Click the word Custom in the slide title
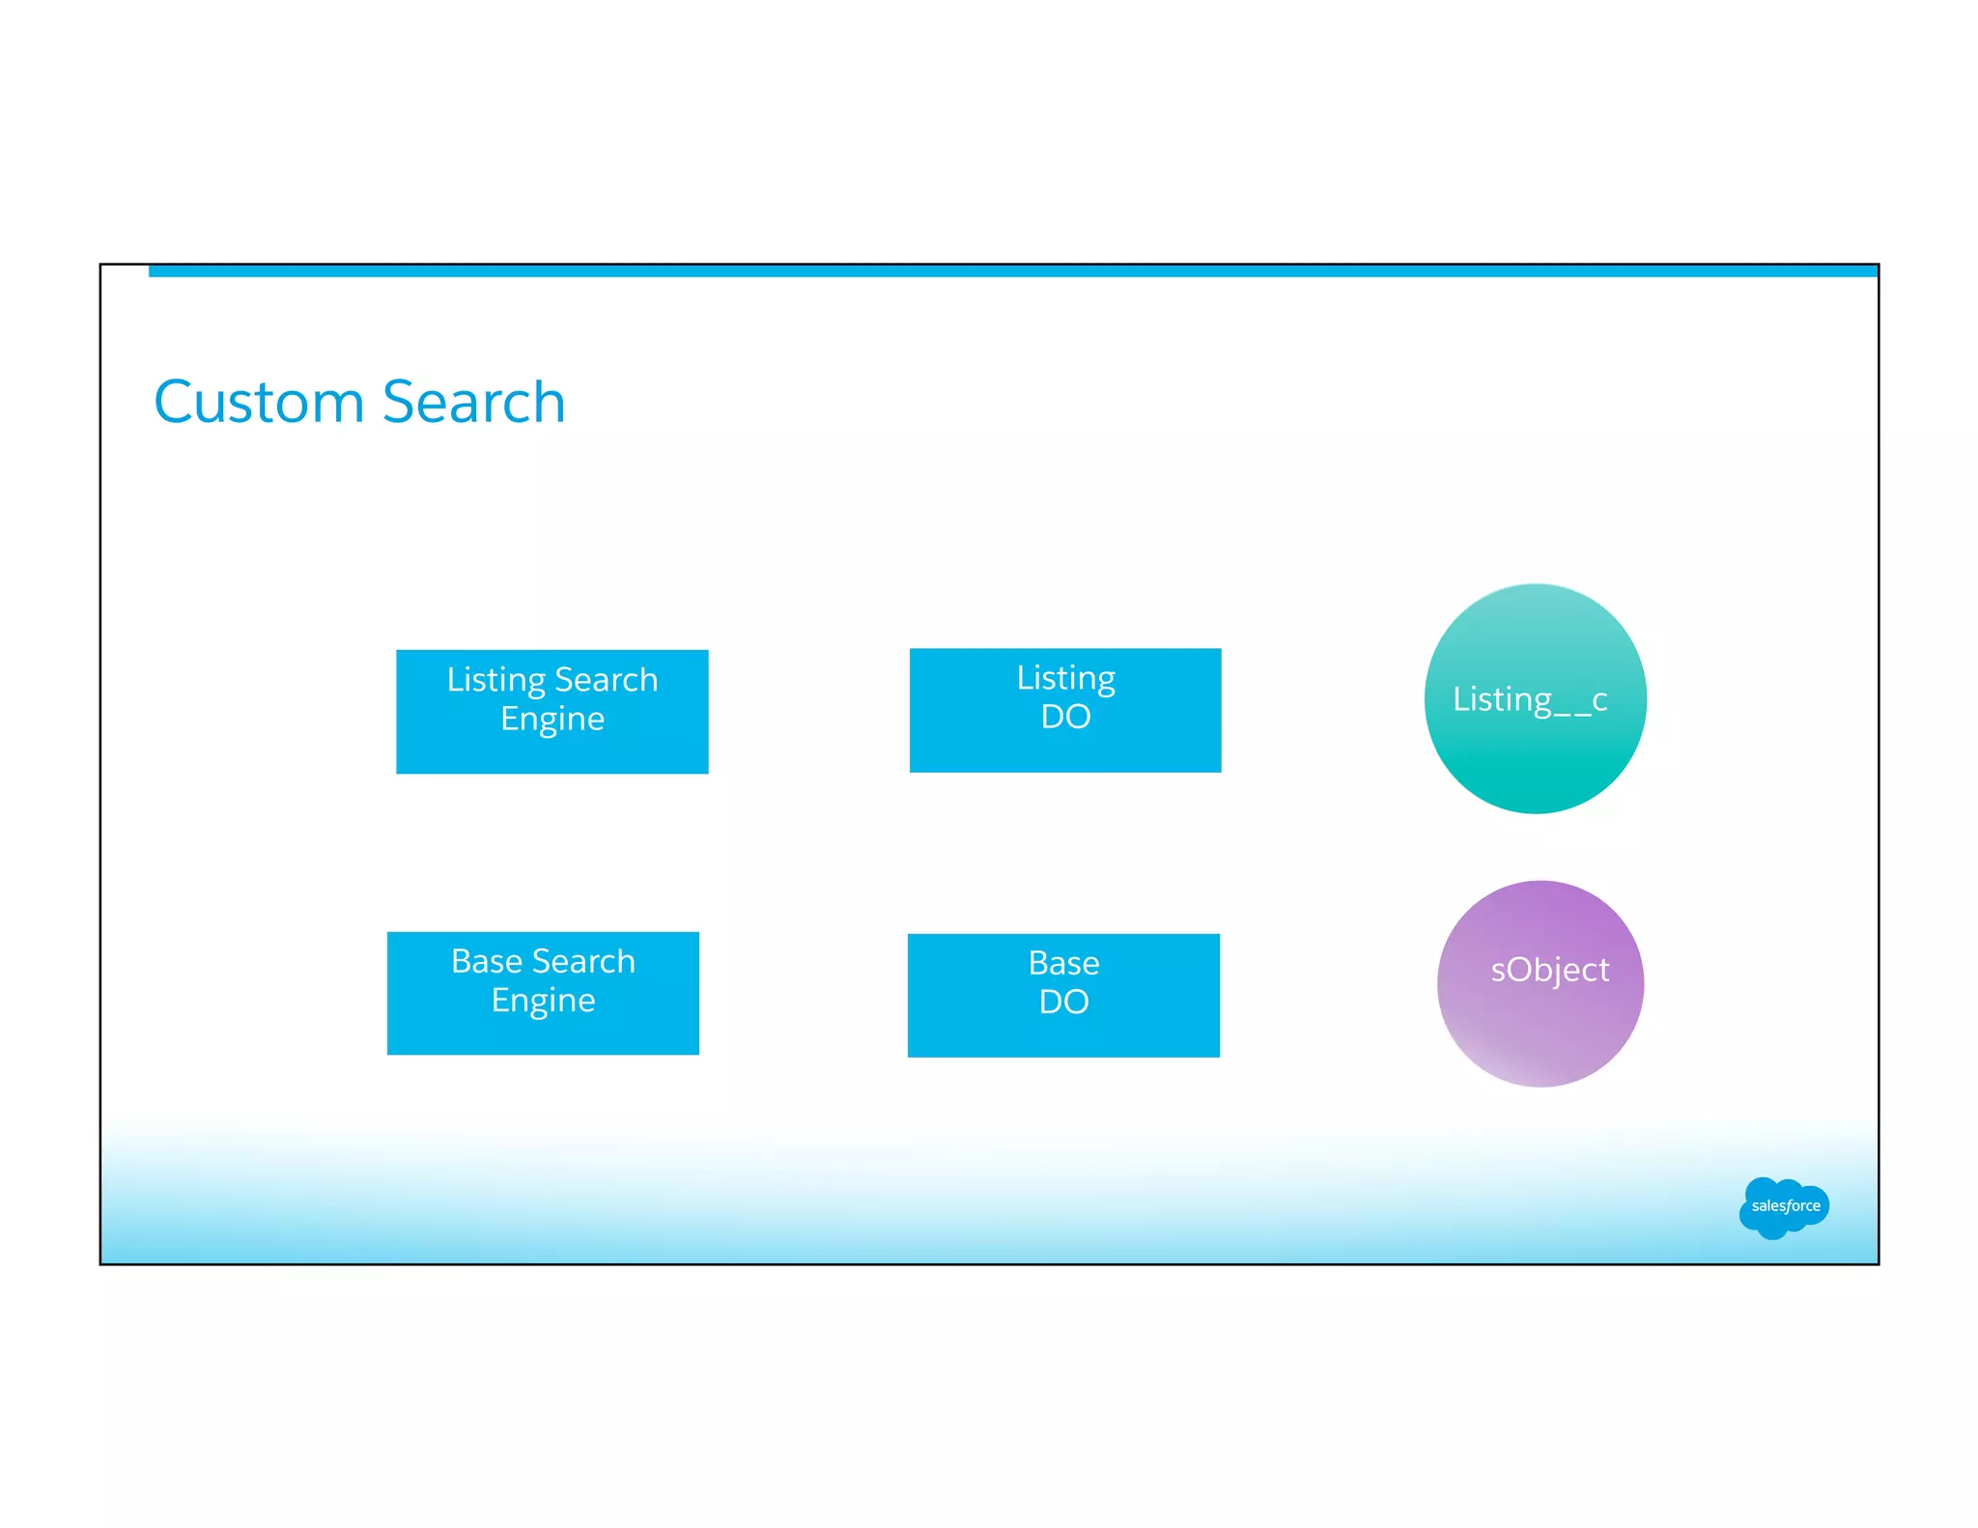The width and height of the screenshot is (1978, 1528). click(259, 402)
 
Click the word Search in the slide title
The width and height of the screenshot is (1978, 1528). click(473, 402)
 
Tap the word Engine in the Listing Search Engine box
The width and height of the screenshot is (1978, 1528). click(551, 720)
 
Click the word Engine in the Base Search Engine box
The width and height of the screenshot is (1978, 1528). click(543, 1001)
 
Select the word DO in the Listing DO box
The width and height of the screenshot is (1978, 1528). click(1065, 717)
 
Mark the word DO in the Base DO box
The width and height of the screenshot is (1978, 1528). click(1063, 1002)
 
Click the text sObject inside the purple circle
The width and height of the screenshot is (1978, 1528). click(1549, 969)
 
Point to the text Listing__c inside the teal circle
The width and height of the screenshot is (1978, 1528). click(1530, 698)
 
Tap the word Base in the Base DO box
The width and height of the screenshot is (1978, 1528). click(1063, 963)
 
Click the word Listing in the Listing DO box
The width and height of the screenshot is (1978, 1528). click(1065, 677)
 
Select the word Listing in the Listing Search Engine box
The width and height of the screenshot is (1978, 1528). click(495, 680)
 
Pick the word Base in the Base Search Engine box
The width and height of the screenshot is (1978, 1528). click(486, 961)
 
